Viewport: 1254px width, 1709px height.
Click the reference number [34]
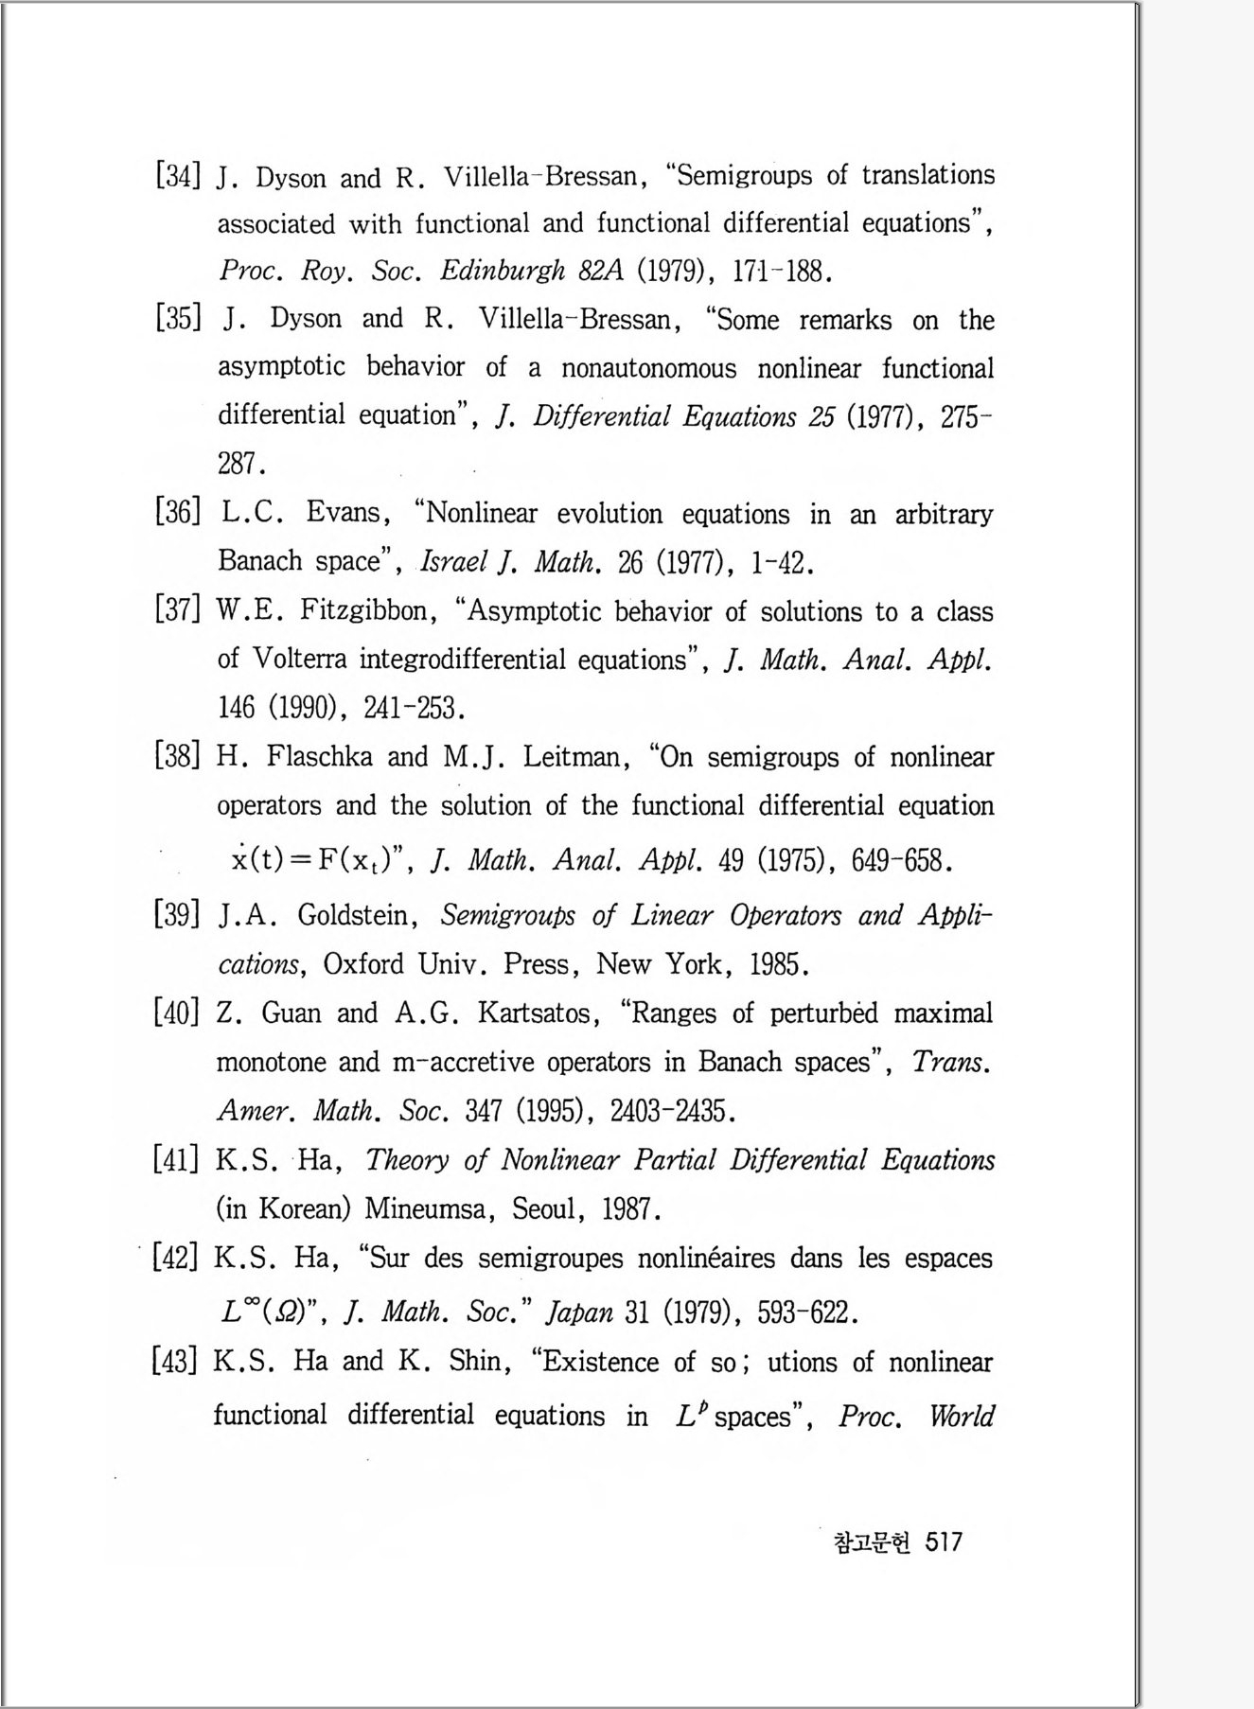pos(177,176)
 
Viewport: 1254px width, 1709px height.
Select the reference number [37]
pos(177,610)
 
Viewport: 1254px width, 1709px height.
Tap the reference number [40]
pos(176,1013)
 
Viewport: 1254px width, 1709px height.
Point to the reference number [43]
pos(175,1361)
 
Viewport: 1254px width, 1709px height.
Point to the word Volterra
pos(300,659)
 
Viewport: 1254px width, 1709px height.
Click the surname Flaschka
pos(319,757)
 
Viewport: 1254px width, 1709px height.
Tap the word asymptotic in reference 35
pos(281,367)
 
